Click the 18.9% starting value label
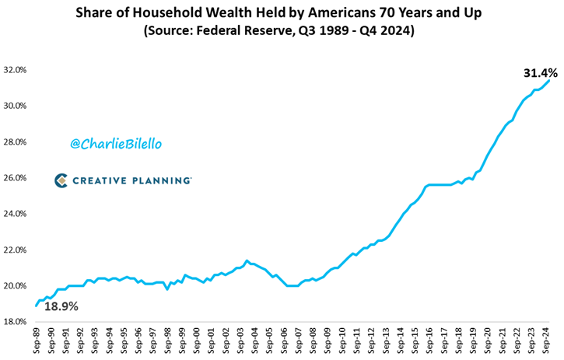click(61, 306)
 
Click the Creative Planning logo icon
click(61, 180)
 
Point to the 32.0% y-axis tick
click(16, 70)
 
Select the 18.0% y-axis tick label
click(16, 322)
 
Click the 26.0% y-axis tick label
click(16, 178)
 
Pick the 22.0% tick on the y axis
click(16, 250)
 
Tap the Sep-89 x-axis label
click(36, 341)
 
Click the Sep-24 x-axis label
click(548, 341)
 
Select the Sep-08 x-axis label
click(314, 341)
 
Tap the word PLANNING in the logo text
click(161, 180)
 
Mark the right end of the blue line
click(550, 80)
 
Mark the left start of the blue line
click(36, 306)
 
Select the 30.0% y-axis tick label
click(16, 106)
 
